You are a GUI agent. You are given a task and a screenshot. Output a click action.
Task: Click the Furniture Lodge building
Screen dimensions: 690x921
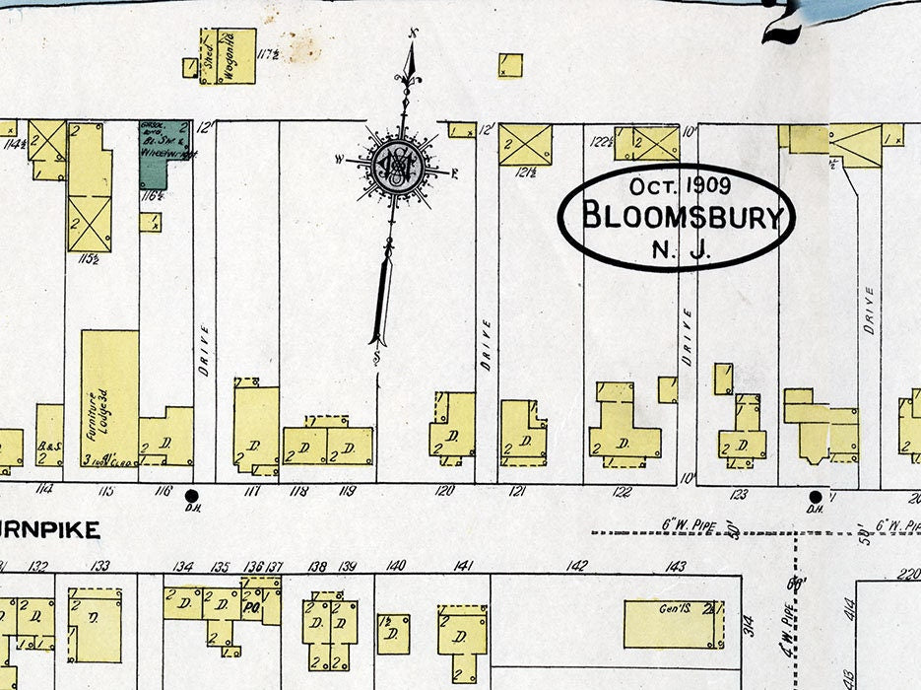[x=108, y=398]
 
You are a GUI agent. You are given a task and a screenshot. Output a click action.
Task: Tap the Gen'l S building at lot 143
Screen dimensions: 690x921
[x=674, y=624]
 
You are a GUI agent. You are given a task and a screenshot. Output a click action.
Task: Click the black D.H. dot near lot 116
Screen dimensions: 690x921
[x=192, y=495]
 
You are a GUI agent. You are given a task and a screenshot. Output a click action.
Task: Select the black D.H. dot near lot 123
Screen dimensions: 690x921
[x=815, y=496]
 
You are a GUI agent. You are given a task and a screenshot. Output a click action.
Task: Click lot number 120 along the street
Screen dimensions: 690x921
[x=445, y=491]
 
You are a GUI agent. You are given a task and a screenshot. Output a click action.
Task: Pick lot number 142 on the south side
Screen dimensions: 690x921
[x=577, y=566]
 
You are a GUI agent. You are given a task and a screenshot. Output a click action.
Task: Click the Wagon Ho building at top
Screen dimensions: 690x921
[x=234, y=55]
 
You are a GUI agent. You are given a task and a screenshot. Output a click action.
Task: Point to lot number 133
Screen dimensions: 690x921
[x=99, y=566]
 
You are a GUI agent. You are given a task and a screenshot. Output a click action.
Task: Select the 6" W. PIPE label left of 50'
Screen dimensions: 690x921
[x=693, y=525]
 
